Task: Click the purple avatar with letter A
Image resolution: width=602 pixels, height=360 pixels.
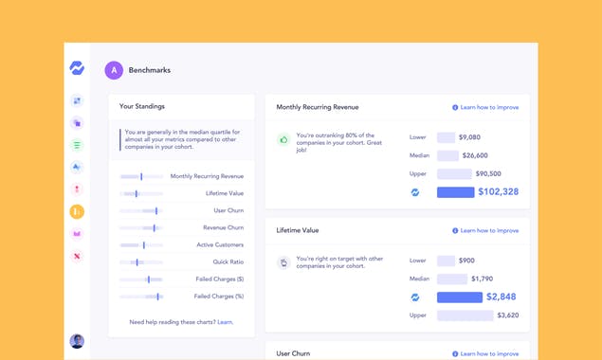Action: coord(114,69)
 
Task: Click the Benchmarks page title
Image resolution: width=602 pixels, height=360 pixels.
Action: coord(150,69)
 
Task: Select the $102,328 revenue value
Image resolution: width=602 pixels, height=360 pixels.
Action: coord(498,191)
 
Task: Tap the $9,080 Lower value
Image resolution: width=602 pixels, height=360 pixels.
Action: coord(469,137)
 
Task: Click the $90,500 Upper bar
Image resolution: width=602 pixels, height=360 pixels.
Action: coord(454,174)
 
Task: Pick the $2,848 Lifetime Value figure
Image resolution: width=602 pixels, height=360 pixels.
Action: coord(502,297)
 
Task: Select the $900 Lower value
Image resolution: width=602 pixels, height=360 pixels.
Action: coord(466,261)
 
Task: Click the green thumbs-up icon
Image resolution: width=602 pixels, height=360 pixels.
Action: coord(283,139)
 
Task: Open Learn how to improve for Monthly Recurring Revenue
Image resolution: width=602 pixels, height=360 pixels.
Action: coord(485,107)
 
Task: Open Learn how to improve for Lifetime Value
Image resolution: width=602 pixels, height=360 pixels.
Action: coord(485,230)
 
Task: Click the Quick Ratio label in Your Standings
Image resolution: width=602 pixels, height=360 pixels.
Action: coord(228,262)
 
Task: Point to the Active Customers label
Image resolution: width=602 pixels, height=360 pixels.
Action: coord(220,244)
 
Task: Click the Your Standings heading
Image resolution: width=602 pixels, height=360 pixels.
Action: coord(141,107)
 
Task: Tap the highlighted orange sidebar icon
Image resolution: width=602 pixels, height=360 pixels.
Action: coord(77,211)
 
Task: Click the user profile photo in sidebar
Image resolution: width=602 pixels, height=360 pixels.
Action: coord(77,341)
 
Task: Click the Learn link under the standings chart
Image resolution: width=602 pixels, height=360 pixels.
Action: coord(226,322)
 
